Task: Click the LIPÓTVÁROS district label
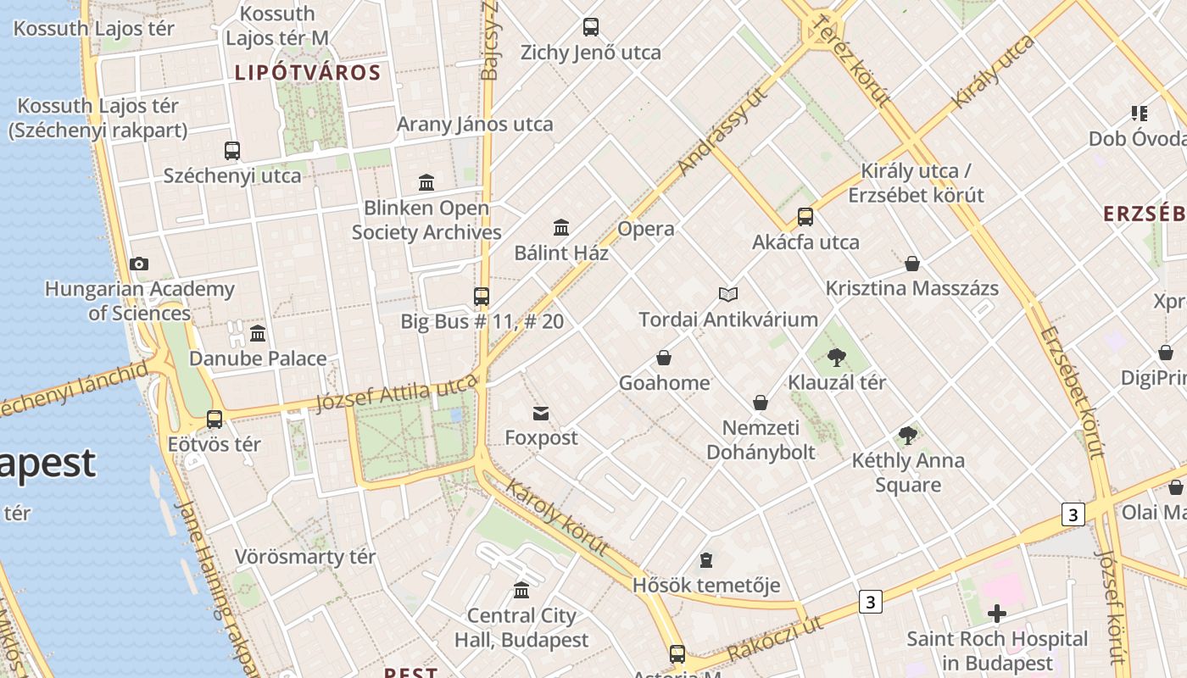(308, 73)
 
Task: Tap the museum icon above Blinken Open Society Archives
(426, 182)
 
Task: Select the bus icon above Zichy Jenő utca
(591, 27)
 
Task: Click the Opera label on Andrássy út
(646, 229)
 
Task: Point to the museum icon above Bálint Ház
(561, 227)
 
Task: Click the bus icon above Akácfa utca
(805, 217)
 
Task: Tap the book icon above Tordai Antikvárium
(728, 294)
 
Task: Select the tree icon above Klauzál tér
(837, 357)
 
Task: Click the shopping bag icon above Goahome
(664, 358)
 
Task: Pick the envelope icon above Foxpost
(541, 414)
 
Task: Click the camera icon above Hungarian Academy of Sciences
(139, 264)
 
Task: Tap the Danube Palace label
(258, 358)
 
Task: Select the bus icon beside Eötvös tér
(215, 420)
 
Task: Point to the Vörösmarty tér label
(305, 557)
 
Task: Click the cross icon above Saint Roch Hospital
(997, 613)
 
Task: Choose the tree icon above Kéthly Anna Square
(908, 436)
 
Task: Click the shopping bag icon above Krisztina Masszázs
(912, 264)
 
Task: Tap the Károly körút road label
(556, 517)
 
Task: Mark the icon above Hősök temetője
(706, 560)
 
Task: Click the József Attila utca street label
(397, 394)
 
